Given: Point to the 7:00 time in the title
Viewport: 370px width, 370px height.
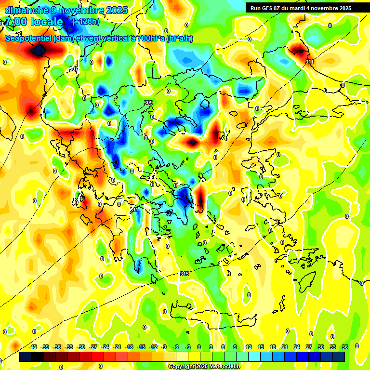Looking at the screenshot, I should [14, 22].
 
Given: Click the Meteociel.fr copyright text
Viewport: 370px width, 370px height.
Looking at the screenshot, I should [204, 367].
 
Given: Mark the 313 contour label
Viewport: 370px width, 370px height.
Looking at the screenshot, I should [185, 274].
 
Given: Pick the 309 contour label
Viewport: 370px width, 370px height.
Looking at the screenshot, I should [148, 103].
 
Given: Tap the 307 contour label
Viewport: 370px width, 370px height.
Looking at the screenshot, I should [73, 69].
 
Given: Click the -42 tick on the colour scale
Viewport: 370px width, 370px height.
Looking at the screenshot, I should [33, 347].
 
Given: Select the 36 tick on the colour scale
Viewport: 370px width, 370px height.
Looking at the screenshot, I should [345, 347].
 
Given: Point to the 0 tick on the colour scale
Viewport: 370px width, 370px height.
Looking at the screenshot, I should [199, 347].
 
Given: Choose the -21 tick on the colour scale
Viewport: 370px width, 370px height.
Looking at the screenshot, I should [117, 347].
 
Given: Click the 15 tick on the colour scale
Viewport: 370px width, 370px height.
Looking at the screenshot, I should [261, 347].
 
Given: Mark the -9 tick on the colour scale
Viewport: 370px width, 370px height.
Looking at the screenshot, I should [164, 347].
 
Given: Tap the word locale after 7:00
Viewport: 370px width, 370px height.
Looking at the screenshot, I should [47, 22].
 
